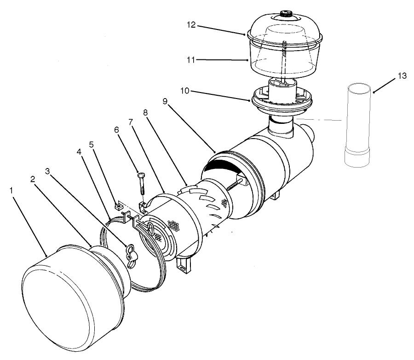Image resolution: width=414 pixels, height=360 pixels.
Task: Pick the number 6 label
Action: click(x=117, y=130)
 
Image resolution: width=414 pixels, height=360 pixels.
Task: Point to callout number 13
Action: click(x=402, y=76)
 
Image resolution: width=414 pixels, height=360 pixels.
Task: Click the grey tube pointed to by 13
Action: click(x=358, y=124)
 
